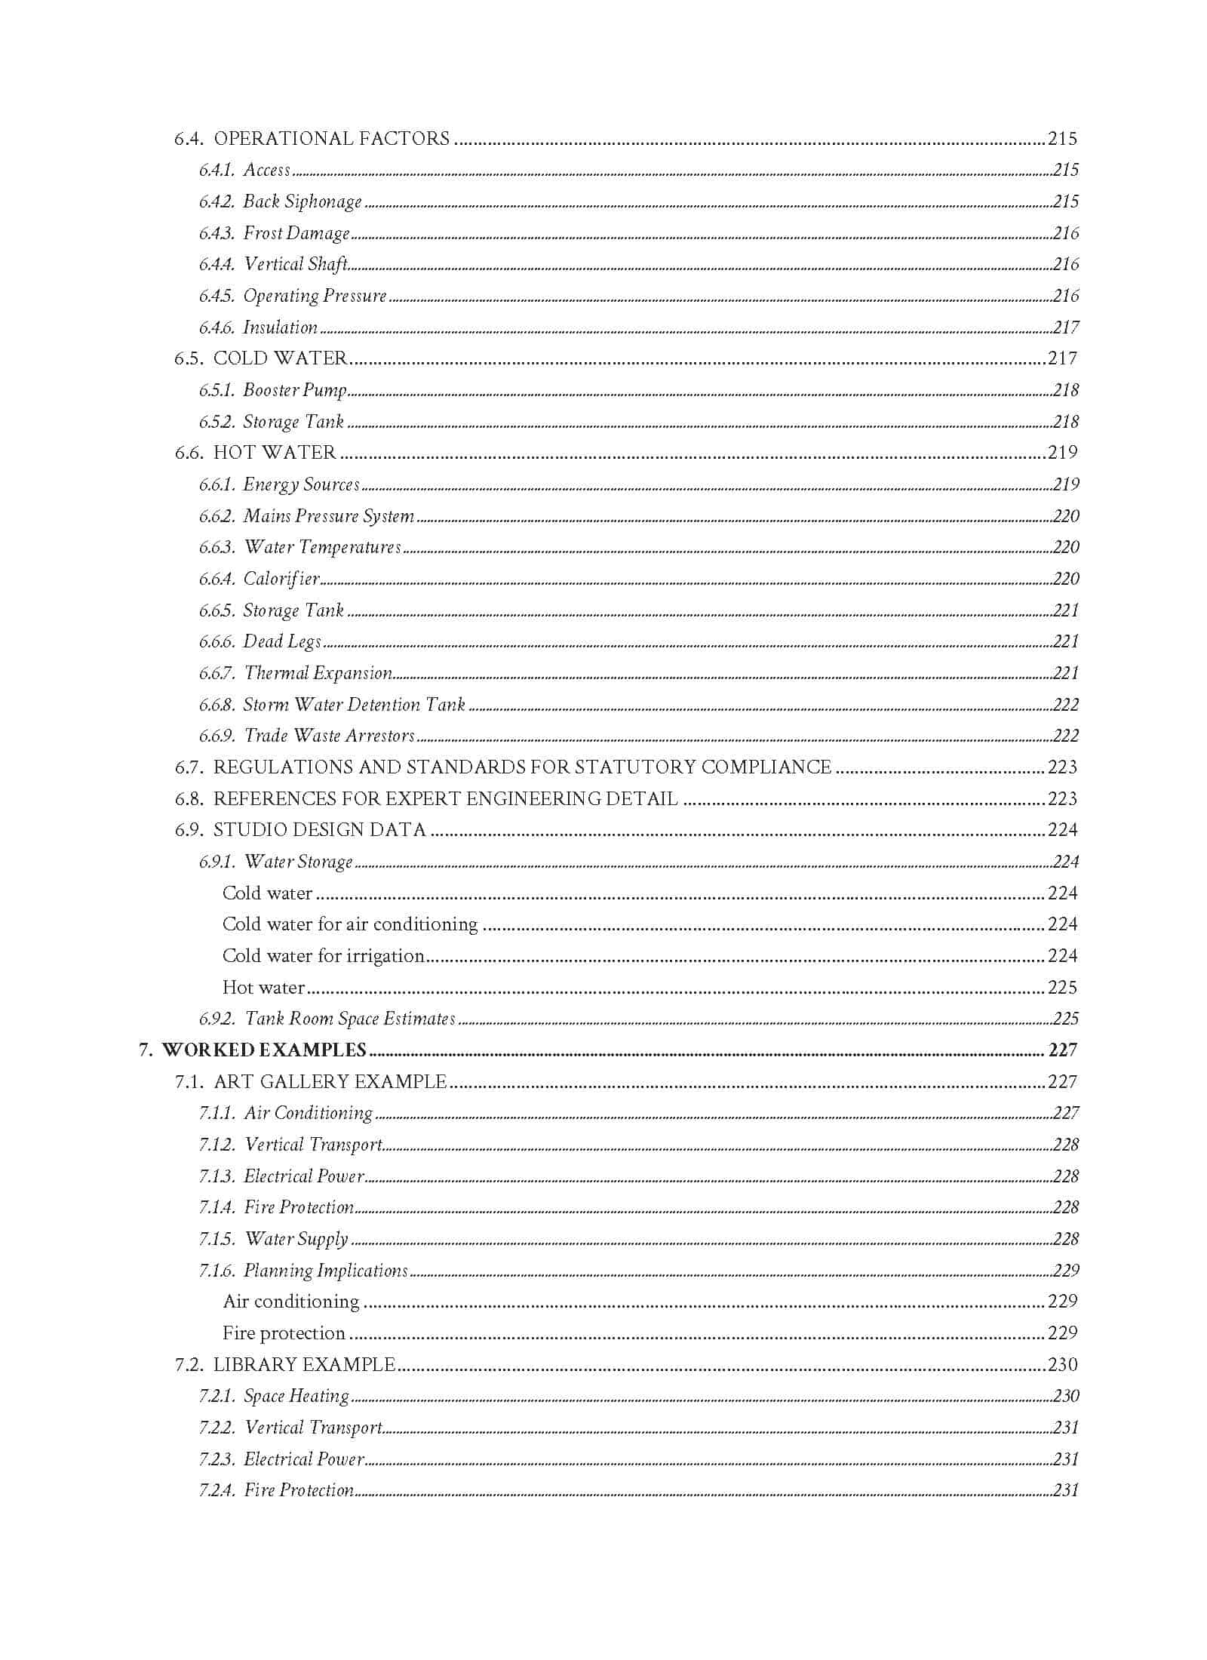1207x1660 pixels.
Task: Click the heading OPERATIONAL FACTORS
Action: point(332,139)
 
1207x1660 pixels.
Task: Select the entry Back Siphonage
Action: point(302,201)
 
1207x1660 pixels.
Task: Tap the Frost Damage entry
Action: point(296,233)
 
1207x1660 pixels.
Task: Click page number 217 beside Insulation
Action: point(1065,327)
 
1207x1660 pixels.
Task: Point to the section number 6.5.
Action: point(189,358)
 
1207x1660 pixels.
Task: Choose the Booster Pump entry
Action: point(294,390)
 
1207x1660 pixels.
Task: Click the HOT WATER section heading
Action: point(275,453)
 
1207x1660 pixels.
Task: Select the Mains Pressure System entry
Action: point(328,516)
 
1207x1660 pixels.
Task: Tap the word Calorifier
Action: point(281,579)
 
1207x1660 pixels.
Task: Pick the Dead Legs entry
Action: point(282,641)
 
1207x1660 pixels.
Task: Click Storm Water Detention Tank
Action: point(354,705)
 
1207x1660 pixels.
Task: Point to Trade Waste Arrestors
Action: point(330,736)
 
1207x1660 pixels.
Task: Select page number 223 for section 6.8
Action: point(1062,799)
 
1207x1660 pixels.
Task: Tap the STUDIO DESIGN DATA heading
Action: point(320,830)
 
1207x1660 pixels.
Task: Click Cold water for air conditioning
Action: point(350,924)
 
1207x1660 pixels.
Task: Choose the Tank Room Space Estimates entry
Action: point(350,1019)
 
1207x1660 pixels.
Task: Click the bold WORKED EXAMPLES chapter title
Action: point(264,1050)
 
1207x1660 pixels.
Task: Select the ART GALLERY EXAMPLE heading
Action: point(330,1082)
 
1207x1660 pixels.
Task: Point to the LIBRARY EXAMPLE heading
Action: point(304,1364)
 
